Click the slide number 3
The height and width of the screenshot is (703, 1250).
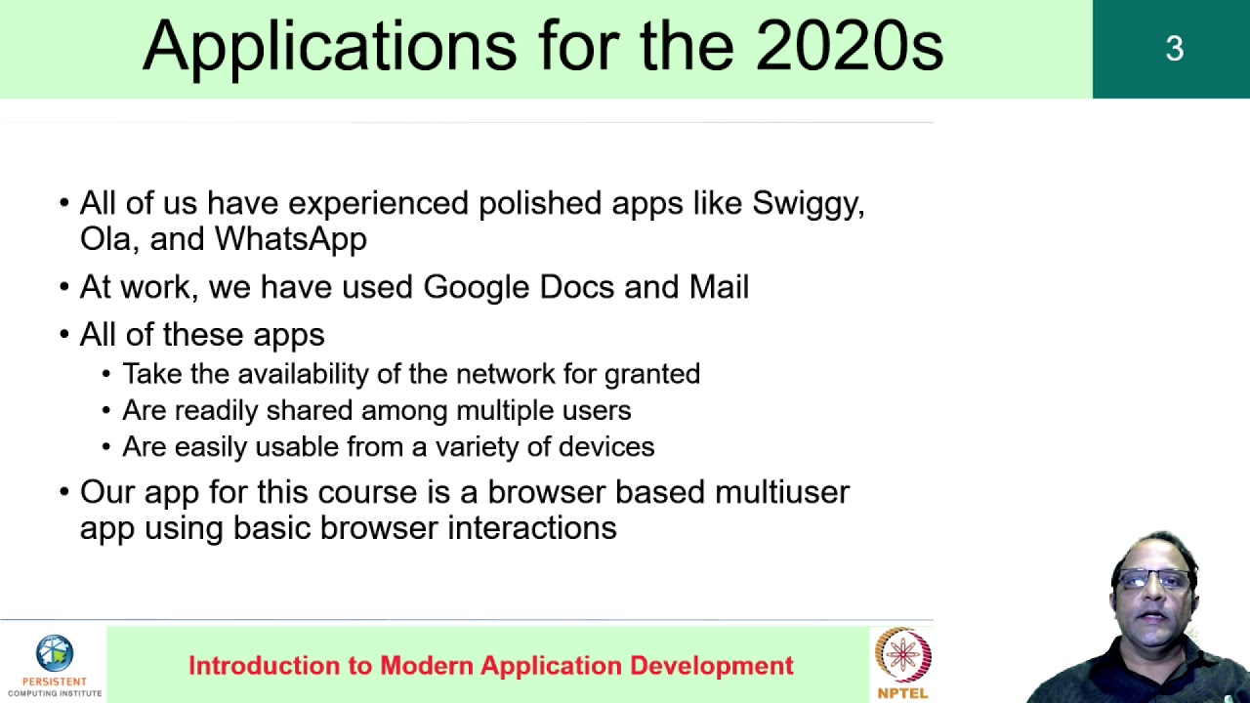click(1174, 49)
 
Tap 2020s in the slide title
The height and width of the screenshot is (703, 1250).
click(849, 47)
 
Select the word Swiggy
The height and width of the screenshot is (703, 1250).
click(808, 204)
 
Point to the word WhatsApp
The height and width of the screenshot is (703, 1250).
click(290, 239)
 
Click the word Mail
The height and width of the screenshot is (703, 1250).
click(719, 287)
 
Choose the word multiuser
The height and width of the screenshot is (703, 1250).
click(781, 492)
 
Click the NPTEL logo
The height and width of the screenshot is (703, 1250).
click(902, 663)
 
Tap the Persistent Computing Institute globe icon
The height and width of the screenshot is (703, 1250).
click(55, 653)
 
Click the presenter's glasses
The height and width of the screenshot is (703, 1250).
click(1154, 580)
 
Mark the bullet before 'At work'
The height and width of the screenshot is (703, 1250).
click(64, 288)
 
